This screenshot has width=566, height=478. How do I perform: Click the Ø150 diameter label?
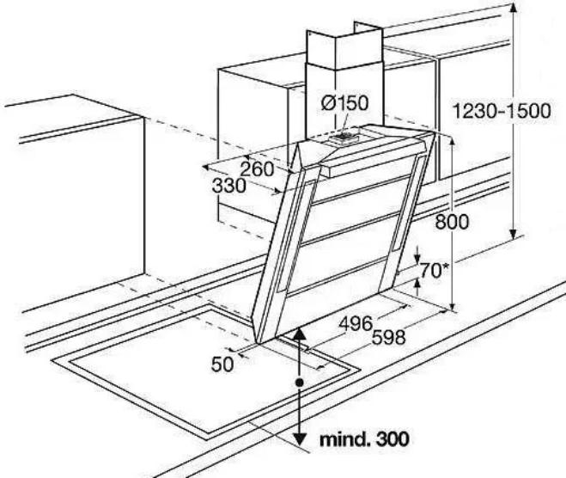(x=345, y=103)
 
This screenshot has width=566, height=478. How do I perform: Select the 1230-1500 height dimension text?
(x=502, y=111)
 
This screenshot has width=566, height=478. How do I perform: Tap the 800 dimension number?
(x=452, y=222)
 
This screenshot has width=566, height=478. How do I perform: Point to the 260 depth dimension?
(x=258, y=169)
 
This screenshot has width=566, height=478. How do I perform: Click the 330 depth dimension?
(x=228, y=186)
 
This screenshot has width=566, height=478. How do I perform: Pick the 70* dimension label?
(x=434, y=270)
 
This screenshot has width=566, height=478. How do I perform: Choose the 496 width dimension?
(x=356, y=323)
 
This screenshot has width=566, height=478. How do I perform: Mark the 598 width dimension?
(x=389, y=338)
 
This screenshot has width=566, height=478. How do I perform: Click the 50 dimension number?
(x=222, y=365)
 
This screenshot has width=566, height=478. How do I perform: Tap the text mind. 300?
(x=364, y=439)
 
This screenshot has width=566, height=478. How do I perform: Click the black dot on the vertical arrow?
(x=299, y=383)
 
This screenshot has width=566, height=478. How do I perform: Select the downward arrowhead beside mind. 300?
(x=299, y=439)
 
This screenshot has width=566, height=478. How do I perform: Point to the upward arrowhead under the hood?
(x=299, y=334)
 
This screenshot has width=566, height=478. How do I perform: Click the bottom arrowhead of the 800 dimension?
(x=453, y=306)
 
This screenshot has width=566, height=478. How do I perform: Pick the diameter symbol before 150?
(x=328, y=104)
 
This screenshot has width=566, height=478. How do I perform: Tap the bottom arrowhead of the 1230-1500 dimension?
(x=514, y=233)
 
